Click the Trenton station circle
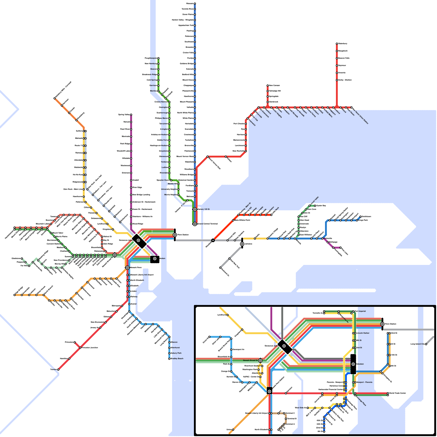58,370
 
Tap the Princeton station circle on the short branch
75,342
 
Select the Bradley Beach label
177,359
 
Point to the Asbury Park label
176,353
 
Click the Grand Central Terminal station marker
195,224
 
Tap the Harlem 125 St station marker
195,209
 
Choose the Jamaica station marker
242,244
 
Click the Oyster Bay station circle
315,206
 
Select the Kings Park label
363,220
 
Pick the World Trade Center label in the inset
398,393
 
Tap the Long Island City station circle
426,344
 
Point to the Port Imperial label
360,311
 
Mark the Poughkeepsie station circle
158,58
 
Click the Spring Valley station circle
131,115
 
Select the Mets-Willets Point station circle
233,220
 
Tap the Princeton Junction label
90,348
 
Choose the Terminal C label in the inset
290,413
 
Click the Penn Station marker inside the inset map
382,324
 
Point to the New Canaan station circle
268,85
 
